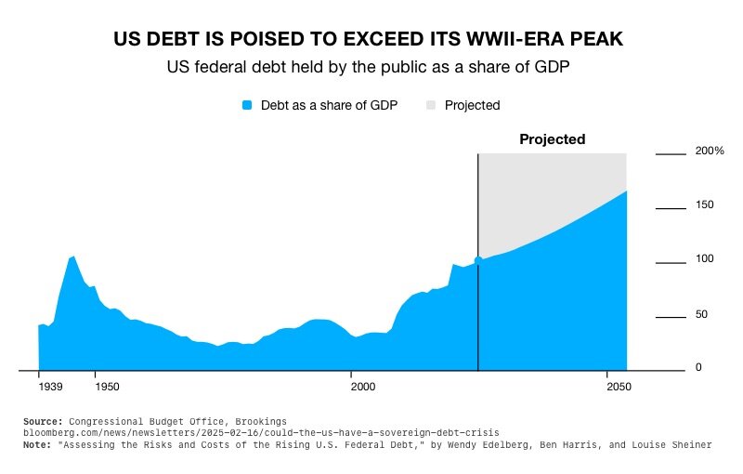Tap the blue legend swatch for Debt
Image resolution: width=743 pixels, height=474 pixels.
tap(247, 105)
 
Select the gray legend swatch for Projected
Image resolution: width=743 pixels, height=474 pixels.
tap(431, 105)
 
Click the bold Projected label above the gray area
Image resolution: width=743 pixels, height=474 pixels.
tap(552, 139)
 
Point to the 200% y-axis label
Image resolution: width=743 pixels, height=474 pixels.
tap(710, 151)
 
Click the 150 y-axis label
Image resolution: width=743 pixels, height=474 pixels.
tap(704, 204)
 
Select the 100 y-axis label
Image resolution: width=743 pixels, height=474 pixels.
tap(704, 258)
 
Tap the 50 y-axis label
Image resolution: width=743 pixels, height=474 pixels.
tap(701, 314)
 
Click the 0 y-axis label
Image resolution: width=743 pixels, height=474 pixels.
tap(697, 368)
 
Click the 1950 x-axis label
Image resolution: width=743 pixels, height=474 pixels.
tap(107, 386)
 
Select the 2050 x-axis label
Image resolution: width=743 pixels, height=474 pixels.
tap(608, 386)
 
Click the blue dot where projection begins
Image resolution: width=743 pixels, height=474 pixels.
tap(478, 261)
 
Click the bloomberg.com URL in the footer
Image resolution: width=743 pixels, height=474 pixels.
tap(261, 433)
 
